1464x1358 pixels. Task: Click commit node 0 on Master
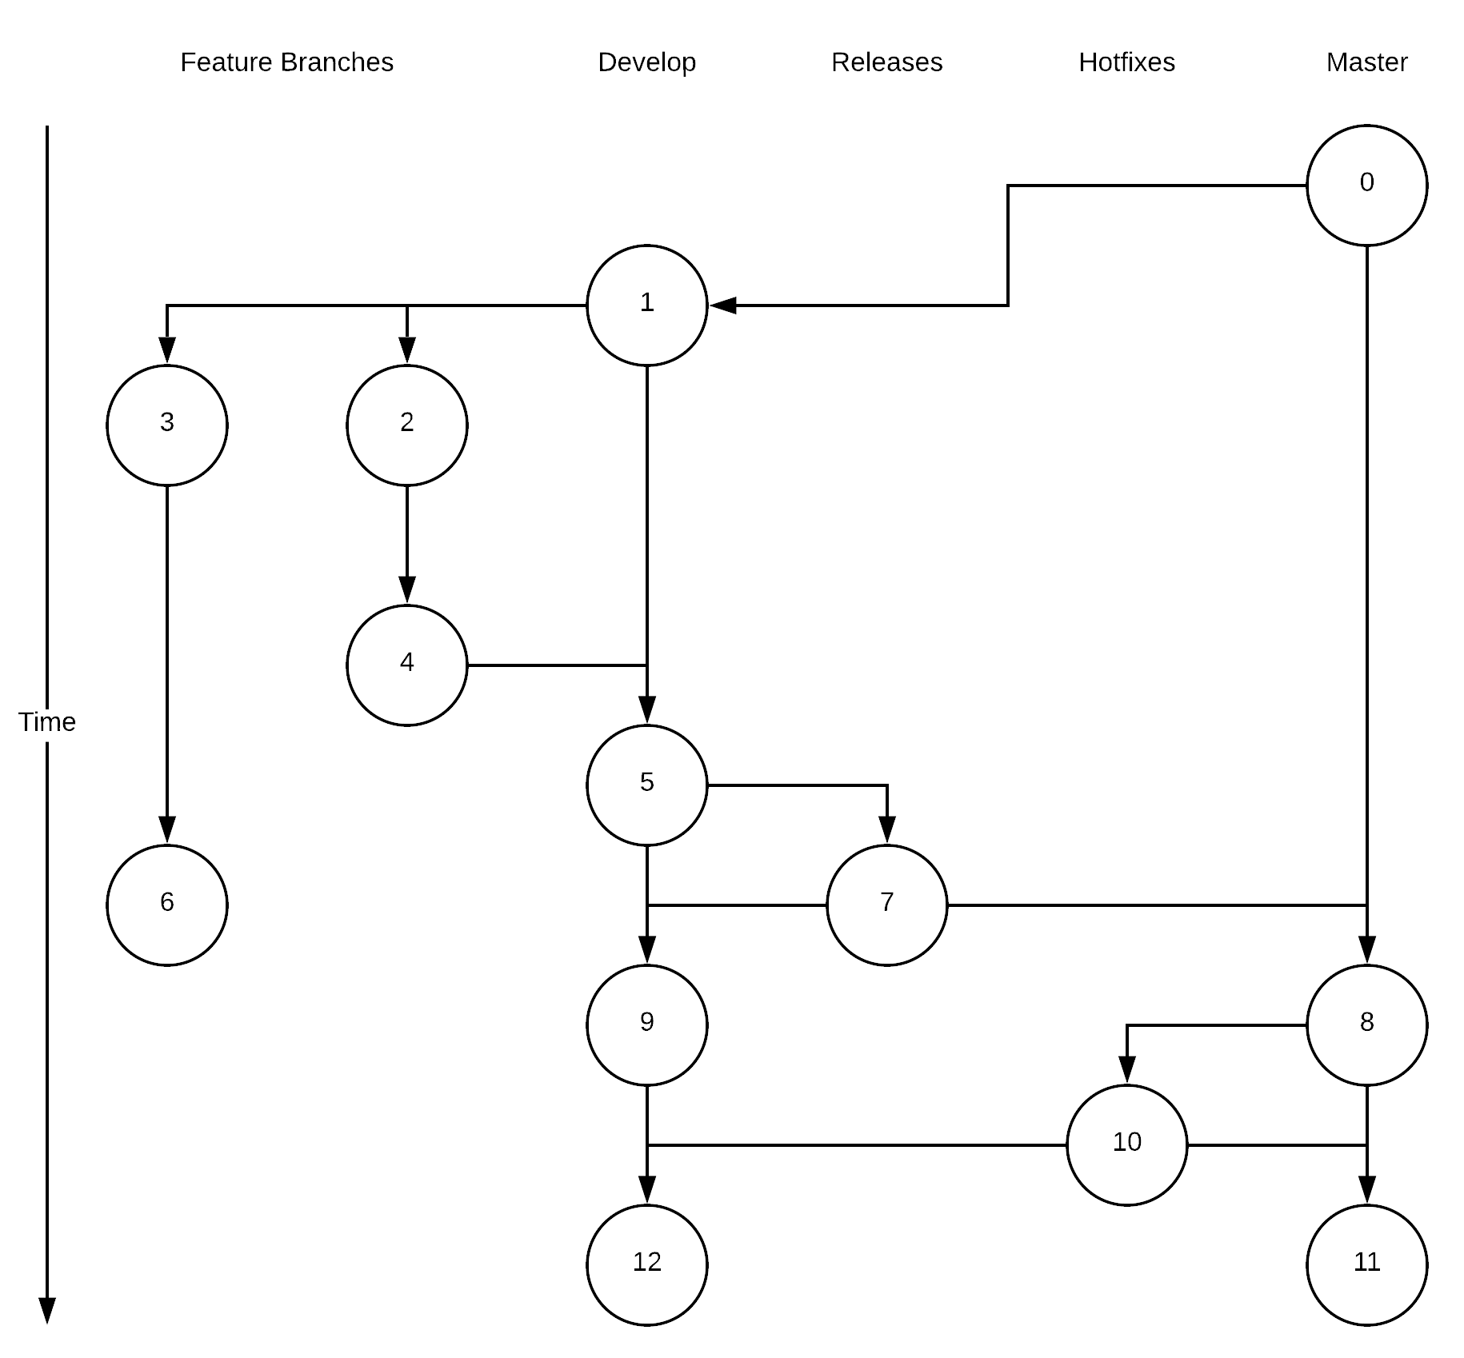point(1366,186)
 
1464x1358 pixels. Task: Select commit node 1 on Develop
point(646,306)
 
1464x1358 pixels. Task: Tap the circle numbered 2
point(406,425)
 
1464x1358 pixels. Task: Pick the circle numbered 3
point(166,425)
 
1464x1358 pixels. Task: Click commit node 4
point(406,665)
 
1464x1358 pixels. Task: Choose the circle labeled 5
point(646,785)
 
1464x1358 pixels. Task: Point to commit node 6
point(166,905)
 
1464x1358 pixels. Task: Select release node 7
point(886,905)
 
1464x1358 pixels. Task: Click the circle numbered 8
point(1366,1025)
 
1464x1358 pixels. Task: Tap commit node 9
point(646,1025)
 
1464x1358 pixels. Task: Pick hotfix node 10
point(1126,1145)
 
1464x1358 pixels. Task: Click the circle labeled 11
point(1366,1265)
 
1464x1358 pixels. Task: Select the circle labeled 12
point(646,1265)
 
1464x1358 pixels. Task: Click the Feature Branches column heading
point(286,62)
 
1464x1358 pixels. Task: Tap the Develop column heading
point(646,62)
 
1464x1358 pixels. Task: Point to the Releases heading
point(886,62)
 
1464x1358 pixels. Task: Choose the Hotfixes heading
point(1126,62)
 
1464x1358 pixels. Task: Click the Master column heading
point(1366,62)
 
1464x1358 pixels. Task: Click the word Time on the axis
point(47,722)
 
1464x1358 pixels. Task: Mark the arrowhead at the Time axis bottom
point(47,1311)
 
